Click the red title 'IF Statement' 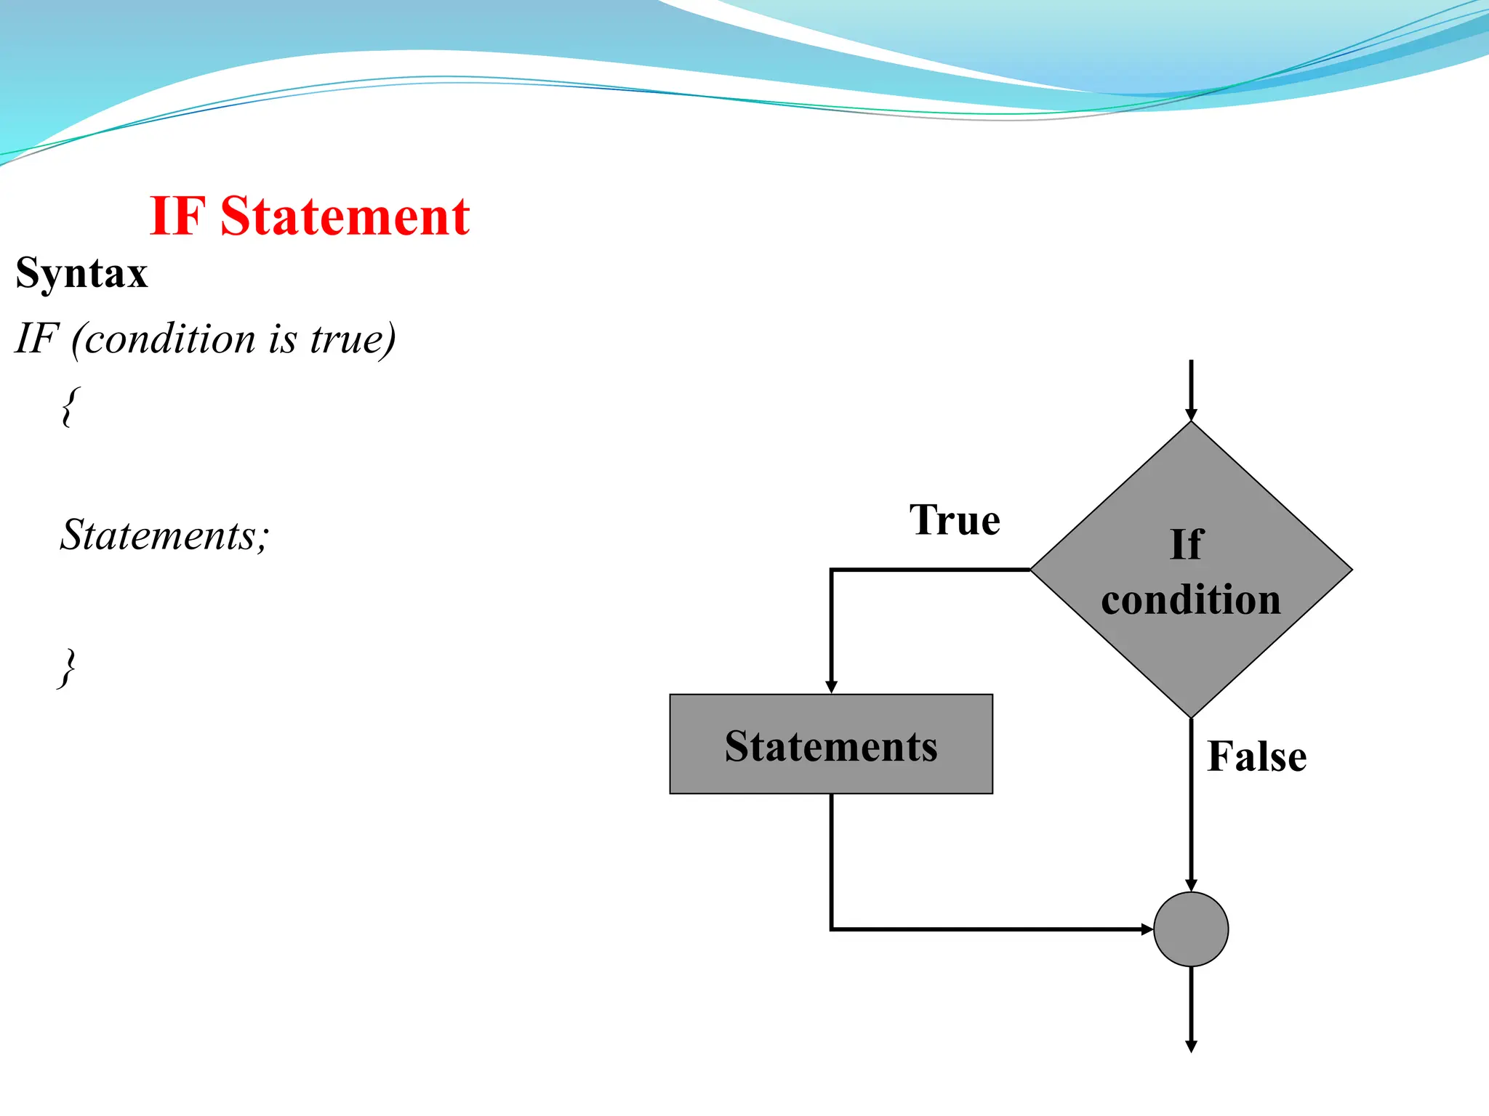[x=310, y=217]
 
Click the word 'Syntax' [x=82, y=274]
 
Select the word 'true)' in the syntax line [x=353, y=339]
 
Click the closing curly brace [x=67, y=668]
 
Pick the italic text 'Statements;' [x=164, y=535]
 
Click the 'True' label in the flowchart [x=955, y=520]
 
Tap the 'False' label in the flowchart [x=1256, y=756]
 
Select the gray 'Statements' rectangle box [x=831, y=744]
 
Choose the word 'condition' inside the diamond [x=1191, y=600]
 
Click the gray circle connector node [x=1191, y=929]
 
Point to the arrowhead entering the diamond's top [x=1191, y=415]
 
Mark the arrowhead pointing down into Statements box [x=832, y=687]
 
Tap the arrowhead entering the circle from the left [x=1147, y=929]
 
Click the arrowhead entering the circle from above [x=1191, y=885]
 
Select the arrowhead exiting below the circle [x=1191, y=1046]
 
